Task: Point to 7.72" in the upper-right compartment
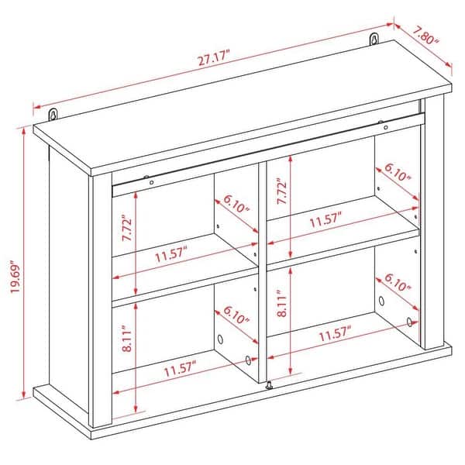click(x=283, y=188)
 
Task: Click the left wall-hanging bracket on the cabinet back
click(x=54, y=115)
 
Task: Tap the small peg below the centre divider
click(x=269, y=385)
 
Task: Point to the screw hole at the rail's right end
click(x=382, y=122)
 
